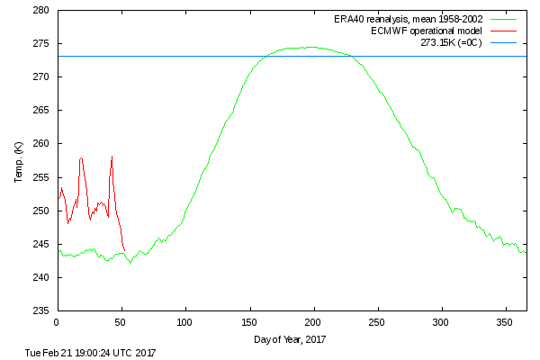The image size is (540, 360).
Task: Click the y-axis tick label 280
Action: pyautogui.click(x=41, y=11)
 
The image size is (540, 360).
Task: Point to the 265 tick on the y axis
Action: pyautogui.click(x=41, y=111)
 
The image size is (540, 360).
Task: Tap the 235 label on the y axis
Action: pyautogui.click(x=41, y=310)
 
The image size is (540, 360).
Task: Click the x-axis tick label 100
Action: pyautogui.click(x=185, y=322)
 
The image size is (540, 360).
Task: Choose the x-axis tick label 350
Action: pyautogui.click(x=507, y=322)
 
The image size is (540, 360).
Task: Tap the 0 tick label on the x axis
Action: pyautogui.click(x=57, y=322)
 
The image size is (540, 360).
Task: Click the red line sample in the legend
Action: pyautogui.click(x=507, y=31)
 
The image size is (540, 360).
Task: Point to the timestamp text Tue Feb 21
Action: pyautogui.click(x=91, y=353)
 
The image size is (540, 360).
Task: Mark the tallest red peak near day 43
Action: pyautogui.click(x=112, y=157)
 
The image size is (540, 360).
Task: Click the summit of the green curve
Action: pyautogui.click(x=310, y=47)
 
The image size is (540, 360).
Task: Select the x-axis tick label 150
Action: pyautogui.click(x=249, y=322)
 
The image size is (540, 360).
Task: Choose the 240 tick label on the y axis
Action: pyautogui.click(x=41, y=277)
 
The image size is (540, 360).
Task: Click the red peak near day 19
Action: pyautogui.click(x=81, y=158)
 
